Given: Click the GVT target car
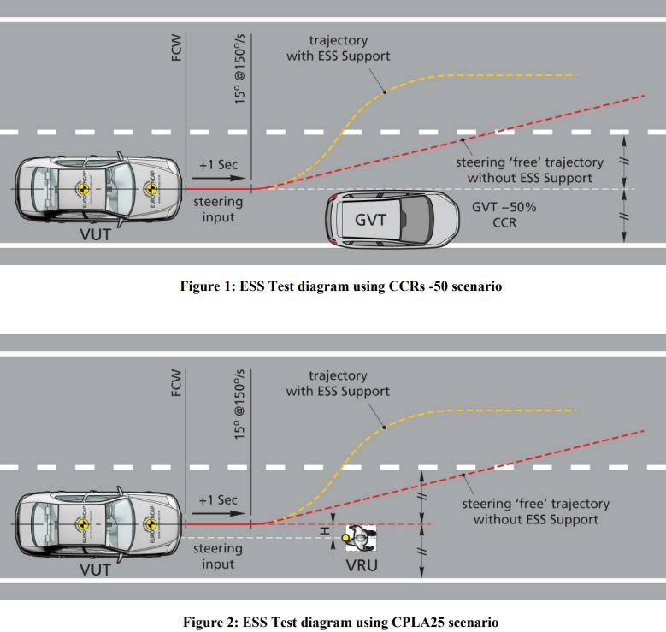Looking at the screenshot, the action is tap(392, 219).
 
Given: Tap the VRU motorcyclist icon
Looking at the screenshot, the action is tap(360, 538).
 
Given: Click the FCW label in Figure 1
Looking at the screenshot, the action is tap(176, 48).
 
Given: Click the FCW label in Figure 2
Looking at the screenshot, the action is tap(176, 382).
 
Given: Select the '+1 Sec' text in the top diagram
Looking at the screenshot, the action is tap(218, 164).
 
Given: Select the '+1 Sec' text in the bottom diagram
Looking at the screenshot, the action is tap(218, 499).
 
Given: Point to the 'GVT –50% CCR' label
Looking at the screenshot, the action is tap(504, 215).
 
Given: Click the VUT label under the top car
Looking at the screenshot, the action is tap(95, 234).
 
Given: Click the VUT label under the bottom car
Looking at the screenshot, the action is tap(95, 570).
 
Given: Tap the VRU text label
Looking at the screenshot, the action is tap(362, 565).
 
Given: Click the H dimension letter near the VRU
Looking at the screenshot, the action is tap(325, 531).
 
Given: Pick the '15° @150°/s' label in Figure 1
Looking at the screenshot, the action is tap(239, 69).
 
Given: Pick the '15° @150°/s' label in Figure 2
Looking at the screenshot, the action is tap(239, 405).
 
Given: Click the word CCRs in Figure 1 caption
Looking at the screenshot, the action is tap(406, 286).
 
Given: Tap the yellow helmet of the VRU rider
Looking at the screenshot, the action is tap(345, 538).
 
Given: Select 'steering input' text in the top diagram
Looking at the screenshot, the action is tap(218, 210).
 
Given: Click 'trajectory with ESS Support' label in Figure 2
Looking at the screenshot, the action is tap(338, 383).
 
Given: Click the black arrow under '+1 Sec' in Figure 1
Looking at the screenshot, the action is tap(219, 179).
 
